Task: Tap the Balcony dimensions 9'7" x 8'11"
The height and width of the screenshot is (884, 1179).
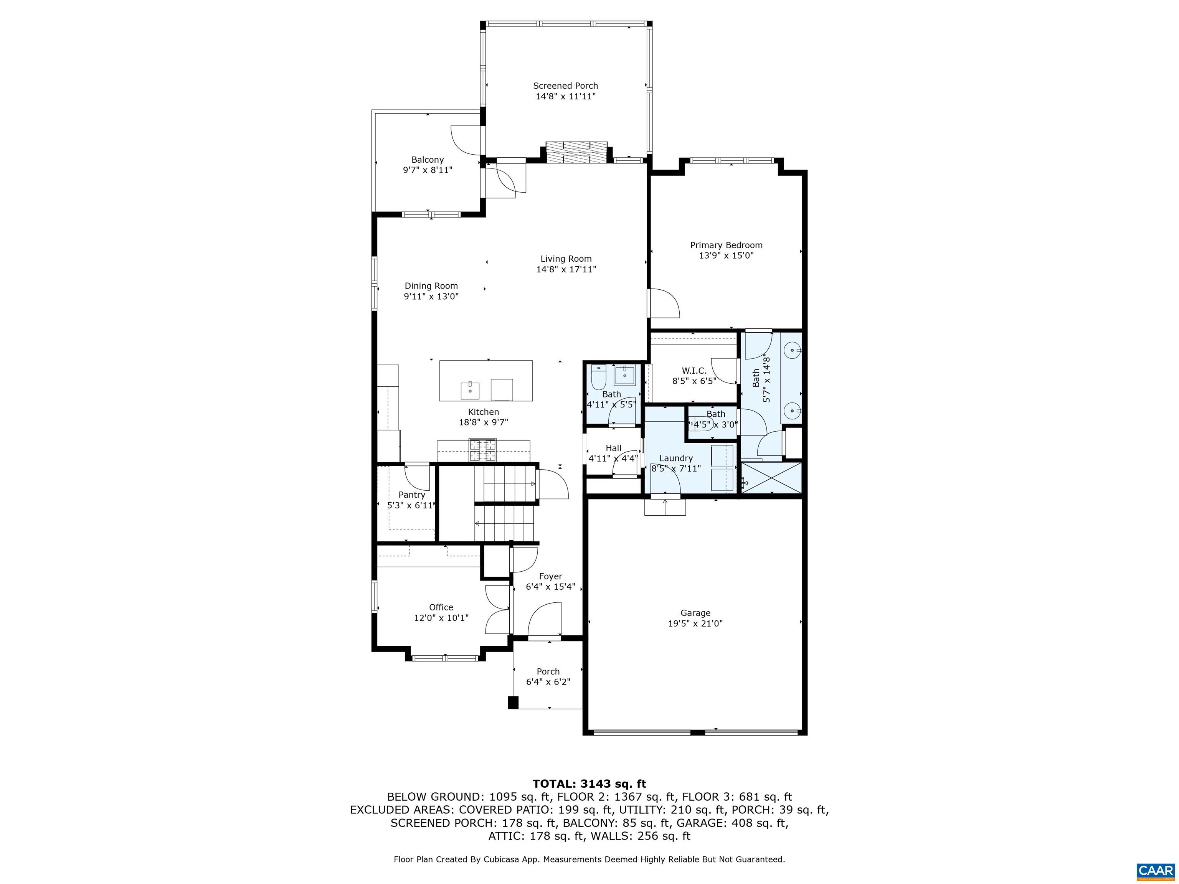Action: tap(428, 170)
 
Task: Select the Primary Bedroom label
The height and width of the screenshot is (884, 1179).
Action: tap(726, 245)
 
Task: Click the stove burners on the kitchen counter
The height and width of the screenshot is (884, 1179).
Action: tap(482, 449)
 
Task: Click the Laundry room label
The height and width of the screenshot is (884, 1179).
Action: tap(676, 458)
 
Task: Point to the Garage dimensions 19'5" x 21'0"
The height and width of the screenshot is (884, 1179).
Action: tap(695, 623)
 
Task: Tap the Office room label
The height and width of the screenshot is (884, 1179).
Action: tap(441, 607)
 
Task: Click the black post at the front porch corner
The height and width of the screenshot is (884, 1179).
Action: tap(513, 703)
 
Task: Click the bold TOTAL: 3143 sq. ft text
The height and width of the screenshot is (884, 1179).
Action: tap(589, 784)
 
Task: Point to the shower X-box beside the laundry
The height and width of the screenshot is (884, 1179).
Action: tap(771, 478)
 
